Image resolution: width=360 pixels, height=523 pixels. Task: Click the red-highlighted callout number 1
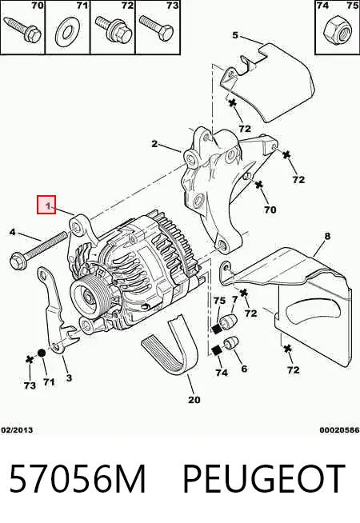(x=49, y=206)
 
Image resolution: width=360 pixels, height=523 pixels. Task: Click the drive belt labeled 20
(x=170, y=346)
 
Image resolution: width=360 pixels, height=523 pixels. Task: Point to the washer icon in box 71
(x=68, y=32)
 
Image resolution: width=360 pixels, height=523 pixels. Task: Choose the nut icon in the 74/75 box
(x=337, y=31)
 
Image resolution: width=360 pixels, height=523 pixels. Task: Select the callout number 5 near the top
(x=235, y=35)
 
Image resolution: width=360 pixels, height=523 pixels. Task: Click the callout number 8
(x=327, y=236)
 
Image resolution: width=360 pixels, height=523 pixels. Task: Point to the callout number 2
(x=154, y=144)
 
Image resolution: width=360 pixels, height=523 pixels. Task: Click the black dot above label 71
(x=41, y=353)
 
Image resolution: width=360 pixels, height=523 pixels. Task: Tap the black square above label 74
(x=218, y=351)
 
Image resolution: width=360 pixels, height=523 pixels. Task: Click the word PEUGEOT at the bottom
(x=264, y=479)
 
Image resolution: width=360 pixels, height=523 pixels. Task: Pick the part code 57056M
(x=78, y=479)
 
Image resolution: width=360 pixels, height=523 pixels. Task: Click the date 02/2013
(x=17, y=430)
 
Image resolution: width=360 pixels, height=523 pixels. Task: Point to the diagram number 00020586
(x=339, y=430)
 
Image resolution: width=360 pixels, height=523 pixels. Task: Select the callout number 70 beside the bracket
(x=270, y=210)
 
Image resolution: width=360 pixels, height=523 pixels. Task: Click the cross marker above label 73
(x=30, y=360)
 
